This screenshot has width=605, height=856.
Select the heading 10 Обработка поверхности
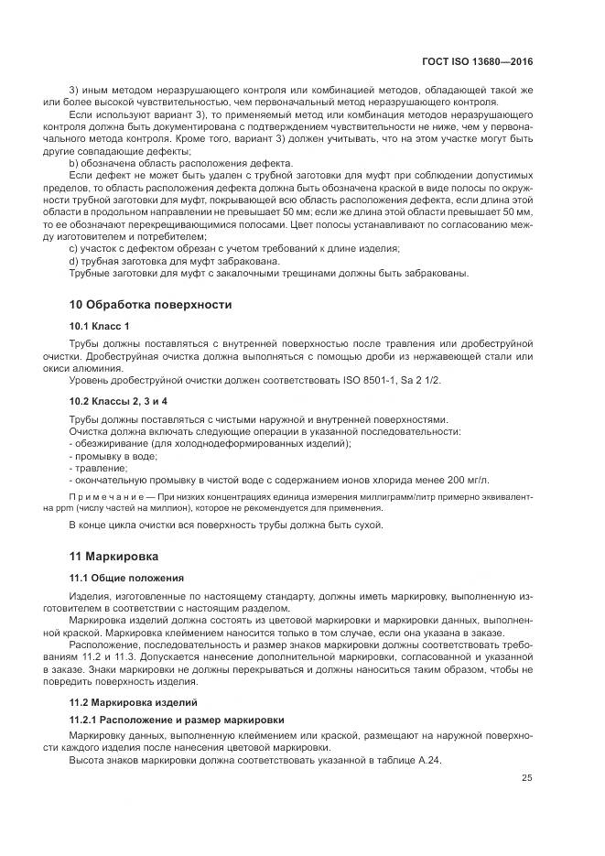pos(151,304)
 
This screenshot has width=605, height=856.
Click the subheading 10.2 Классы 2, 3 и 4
pos(118,401)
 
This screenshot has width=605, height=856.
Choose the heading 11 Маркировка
pos(114,556)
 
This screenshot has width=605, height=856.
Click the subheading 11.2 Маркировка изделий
pos(134,702)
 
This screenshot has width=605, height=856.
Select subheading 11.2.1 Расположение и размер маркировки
pos(177,720)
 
